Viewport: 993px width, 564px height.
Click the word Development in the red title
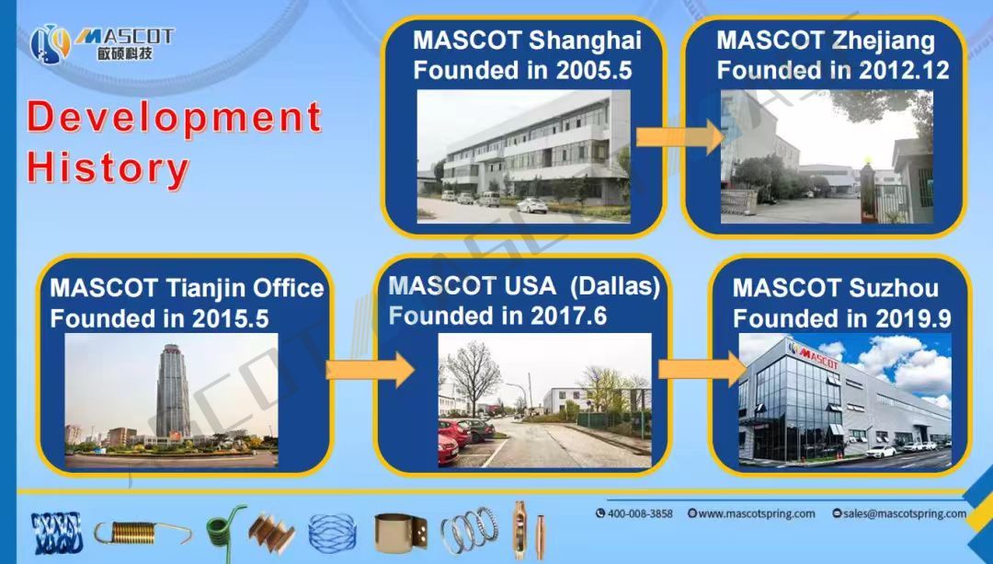click(174, 117)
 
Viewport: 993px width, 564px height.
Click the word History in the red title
click(108, 167)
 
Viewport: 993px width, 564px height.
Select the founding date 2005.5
click(594, 70)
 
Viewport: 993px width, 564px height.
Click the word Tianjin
click(205, 288)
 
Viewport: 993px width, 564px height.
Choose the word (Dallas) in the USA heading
click(614, 286)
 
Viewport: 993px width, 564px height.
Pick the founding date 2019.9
click(913, 318)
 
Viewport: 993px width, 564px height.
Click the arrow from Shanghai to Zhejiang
click(679, 137)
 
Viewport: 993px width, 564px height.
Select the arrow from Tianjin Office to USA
click(370, 370)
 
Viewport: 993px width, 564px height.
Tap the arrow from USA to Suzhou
click(702, 369)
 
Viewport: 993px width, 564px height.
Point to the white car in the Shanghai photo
click(531, 205)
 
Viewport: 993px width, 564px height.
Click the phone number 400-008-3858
click(633, 513)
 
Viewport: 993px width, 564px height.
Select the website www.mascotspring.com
click(752, 513)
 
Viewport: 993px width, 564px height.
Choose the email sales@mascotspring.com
click(900, 513)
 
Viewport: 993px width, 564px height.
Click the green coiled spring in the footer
click(225, 526)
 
